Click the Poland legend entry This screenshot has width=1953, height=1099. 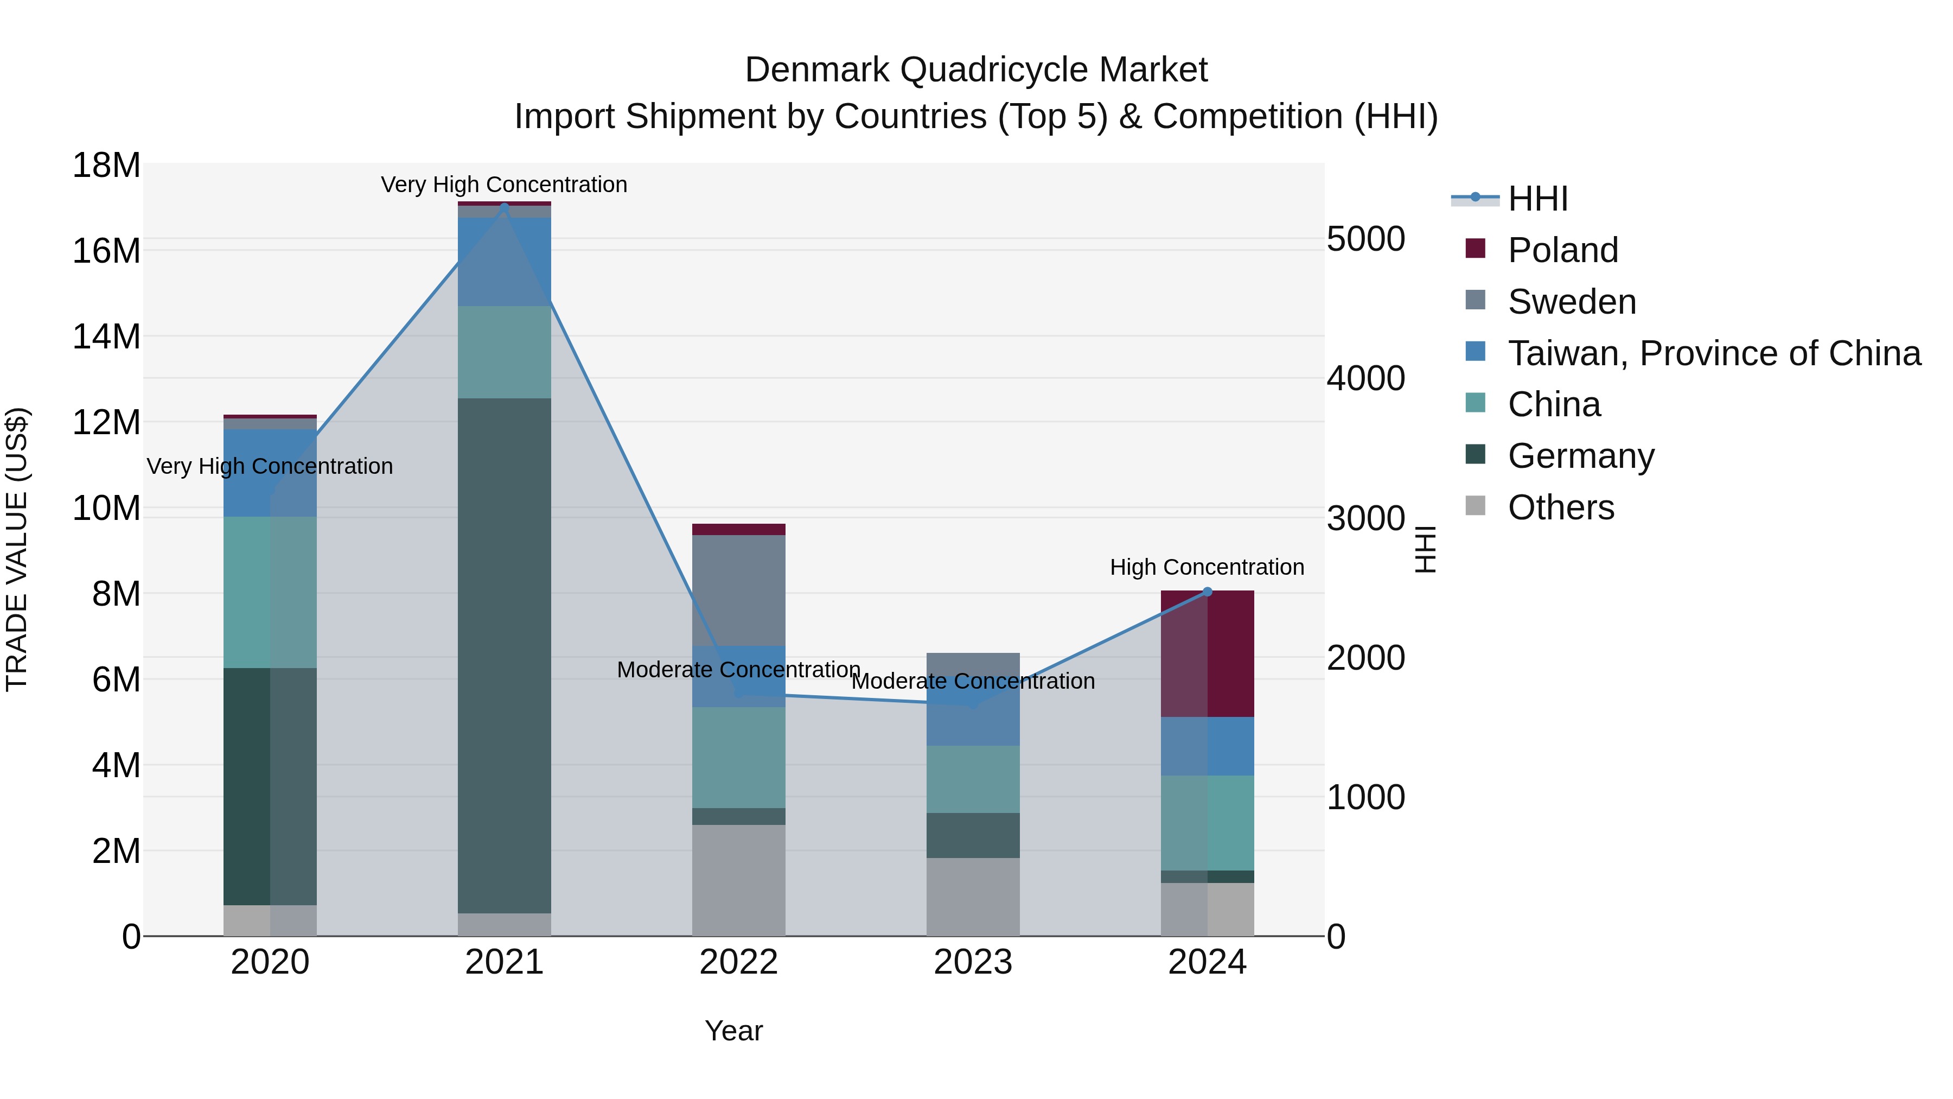click(x=1562, y=250)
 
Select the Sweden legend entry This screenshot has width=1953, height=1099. click(x=1572, y=302)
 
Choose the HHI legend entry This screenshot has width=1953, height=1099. click(x=1537, y=199)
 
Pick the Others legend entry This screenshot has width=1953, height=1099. click(x=1560, y=507)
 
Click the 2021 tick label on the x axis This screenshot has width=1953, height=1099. click(x=504, y=962)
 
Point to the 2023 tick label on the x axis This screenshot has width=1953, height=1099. click(x=973, y=962)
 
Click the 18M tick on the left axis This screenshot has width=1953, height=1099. click(x=106, y=166)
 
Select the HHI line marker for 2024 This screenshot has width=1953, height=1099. click(x=1208, y=592)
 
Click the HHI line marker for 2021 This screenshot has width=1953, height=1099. click(x=504, y=206)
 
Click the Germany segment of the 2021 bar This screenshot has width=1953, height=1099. click(x=504, y=652)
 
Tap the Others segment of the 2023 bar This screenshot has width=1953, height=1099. click(x=973, y=897)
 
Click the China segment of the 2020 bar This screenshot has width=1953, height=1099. click(x=270, y=592)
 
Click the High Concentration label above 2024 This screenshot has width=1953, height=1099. click(x=1207, y=567)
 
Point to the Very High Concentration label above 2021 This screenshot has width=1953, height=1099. click(x=504, y=185)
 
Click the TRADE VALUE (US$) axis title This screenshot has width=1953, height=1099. click(x=17, y=549)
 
